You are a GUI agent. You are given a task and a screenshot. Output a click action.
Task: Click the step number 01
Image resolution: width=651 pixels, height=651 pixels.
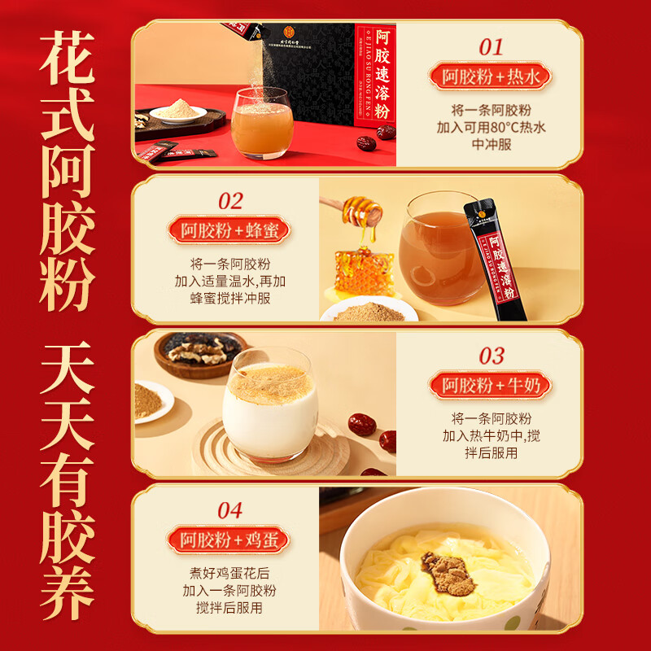pyautogui.click(x=491, y=46)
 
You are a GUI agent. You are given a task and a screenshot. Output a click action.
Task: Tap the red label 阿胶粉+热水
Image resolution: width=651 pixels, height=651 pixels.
pyautogui.click(x=491, y=77)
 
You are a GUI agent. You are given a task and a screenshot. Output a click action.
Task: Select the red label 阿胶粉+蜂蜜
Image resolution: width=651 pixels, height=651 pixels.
pyautogui.click(x=229, y=230)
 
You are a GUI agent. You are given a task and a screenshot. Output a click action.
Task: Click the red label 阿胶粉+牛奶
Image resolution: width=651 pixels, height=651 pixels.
pyautogui.click(x=491, y=385)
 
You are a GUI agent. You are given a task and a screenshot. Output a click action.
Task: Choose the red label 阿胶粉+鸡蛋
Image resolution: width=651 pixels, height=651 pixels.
pyautogui.click(x=229, y=540)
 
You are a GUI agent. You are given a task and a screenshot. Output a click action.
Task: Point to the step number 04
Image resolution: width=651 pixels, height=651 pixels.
pyautogui.click(x=229, y=510)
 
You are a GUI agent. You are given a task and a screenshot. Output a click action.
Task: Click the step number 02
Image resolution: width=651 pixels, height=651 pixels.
pyautogui.click(x=229, y=201)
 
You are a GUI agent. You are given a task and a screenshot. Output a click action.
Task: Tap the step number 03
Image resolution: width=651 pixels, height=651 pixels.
pyautogui.click(x=491, y=356)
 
